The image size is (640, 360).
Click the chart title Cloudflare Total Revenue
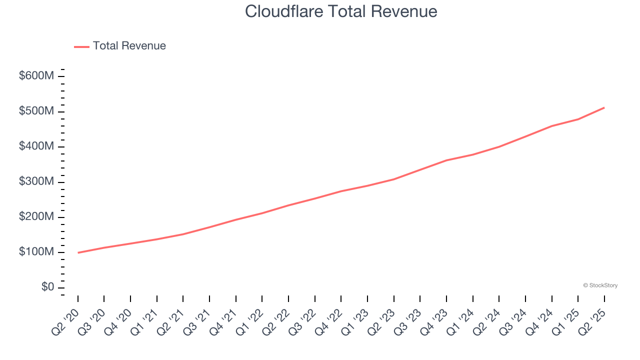(341, 11)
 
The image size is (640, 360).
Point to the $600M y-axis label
(36, 76)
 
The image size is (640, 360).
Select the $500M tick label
(36, 111)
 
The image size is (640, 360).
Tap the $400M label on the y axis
(36, 146)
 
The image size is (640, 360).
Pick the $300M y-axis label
(36, 181)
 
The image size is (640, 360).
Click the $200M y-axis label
(36, 217)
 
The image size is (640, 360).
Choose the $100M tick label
(36, 252)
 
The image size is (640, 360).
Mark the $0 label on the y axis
(47, 287)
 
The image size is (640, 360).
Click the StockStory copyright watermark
(600, 285)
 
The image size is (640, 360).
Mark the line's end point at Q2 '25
(604, 107)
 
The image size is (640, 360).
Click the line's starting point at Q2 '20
(78, 252)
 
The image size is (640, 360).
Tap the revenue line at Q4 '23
(446, 160)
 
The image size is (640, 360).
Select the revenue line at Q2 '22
(288, 205)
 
